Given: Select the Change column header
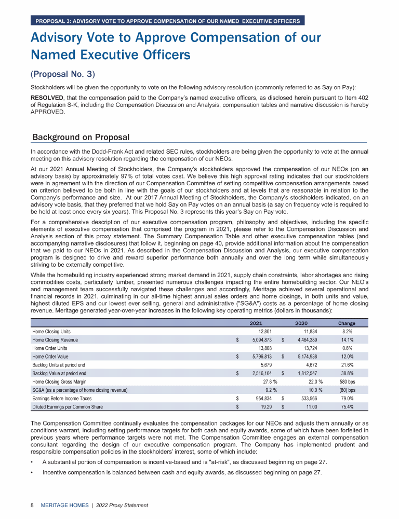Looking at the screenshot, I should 347,323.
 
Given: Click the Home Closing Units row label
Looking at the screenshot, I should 51,331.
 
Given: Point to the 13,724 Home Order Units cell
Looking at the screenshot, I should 307,348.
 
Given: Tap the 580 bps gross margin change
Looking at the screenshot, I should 347,381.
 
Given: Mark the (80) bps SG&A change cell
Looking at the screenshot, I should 347,390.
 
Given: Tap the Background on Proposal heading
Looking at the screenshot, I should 81,137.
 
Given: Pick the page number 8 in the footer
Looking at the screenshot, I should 32,505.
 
